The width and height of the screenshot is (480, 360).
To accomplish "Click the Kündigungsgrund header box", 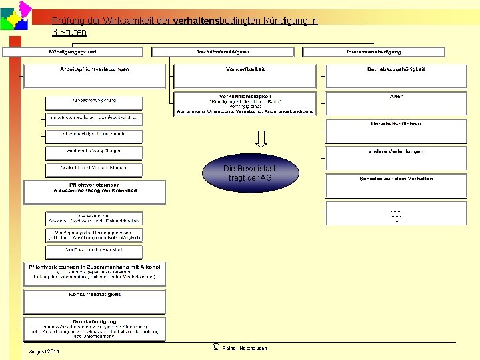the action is click(x=71, y=52).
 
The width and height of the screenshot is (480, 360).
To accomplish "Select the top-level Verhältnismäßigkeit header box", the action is click(x=223, y=52).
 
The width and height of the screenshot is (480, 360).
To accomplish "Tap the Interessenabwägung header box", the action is click(x=373, y=52).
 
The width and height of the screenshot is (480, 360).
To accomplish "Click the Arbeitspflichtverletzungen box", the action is click(x=94, y=76).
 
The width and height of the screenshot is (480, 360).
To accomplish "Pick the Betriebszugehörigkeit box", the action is click(x=395, y=76).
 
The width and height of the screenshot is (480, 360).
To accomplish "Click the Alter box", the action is click(x=395, y=103).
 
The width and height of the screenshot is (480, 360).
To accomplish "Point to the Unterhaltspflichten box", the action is click(x=395, y=131).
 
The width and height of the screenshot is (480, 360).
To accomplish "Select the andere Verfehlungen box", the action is click(x=395, y=158).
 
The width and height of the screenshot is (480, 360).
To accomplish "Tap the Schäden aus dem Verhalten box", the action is click(x=395, y=185).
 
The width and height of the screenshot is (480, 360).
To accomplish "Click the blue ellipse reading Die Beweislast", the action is click(x=249, y=173).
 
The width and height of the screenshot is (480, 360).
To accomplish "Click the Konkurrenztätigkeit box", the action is click(x=94, y=301).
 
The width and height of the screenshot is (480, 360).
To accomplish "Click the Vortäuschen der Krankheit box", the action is click(x=94, y=252).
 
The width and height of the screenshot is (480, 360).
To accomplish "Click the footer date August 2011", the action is click(x=45, y=351).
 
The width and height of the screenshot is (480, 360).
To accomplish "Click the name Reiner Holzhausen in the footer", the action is click(x=245, y=349).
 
